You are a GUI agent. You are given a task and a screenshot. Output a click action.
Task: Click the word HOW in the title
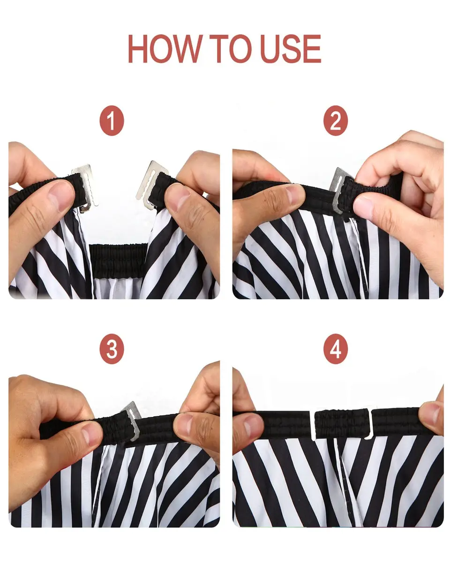pyautogui.click(x=165, y=49)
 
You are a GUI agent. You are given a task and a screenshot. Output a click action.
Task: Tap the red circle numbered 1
pyautogui.click(x=112, y=121)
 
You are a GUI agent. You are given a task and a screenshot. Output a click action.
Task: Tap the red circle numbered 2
pyautogui.click(x=336, y=121)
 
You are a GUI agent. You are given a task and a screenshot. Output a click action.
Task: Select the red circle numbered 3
pyautogui.click(x=112, y=348)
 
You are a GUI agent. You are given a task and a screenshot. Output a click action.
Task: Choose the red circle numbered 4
pyautogui.click(x=336, y=348)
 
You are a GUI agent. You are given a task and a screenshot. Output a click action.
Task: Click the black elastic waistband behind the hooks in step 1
pyautogui.click(x=118, y=259)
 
